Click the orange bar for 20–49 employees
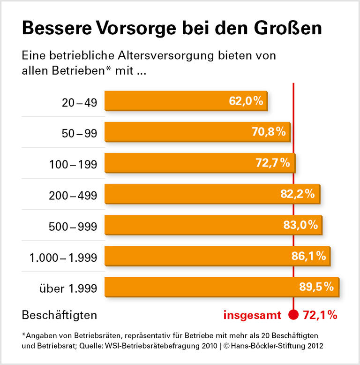pos(186,101)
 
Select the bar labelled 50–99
pos(197,132)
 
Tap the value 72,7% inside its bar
pos(273,163)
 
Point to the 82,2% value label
pos(297,194)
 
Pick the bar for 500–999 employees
pos(213,225)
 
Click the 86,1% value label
pos(308,256)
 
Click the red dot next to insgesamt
pos(293,315)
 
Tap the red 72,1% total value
pos(321,315)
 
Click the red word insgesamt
pos(252,315)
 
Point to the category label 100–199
pos(73,164)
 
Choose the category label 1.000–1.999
pos(63,257)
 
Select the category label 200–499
pos(73,195)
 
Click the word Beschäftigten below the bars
pos(60,315)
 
